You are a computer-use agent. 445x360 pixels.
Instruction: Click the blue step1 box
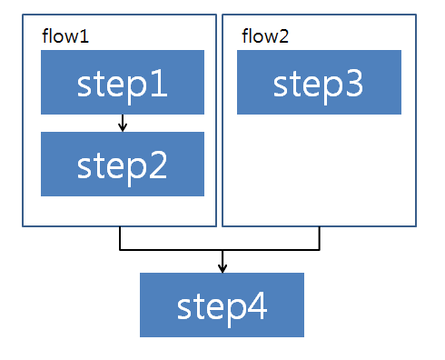click(123, 83)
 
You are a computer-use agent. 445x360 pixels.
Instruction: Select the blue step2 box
click(123, 165)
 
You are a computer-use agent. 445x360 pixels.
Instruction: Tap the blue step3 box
click(319, 83)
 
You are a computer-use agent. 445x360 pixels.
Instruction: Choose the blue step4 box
click(222, 305)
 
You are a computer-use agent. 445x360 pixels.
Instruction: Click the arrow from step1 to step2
click(123, 124)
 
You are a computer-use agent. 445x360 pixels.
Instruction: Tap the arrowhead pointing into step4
click(222, 266)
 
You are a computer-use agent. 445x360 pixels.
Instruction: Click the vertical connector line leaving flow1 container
click(120, 237)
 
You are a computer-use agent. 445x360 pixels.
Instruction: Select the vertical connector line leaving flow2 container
click(320, 237)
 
